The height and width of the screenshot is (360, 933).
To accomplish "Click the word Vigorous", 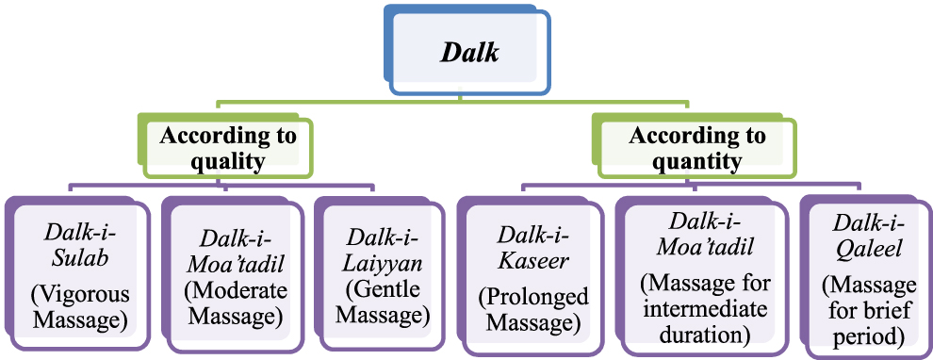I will point(82,293).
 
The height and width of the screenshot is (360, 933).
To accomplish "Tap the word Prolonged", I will point(533,298).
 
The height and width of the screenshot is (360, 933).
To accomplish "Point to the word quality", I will point(227,161).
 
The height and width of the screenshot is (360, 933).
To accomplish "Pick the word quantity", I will point(697,161).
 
